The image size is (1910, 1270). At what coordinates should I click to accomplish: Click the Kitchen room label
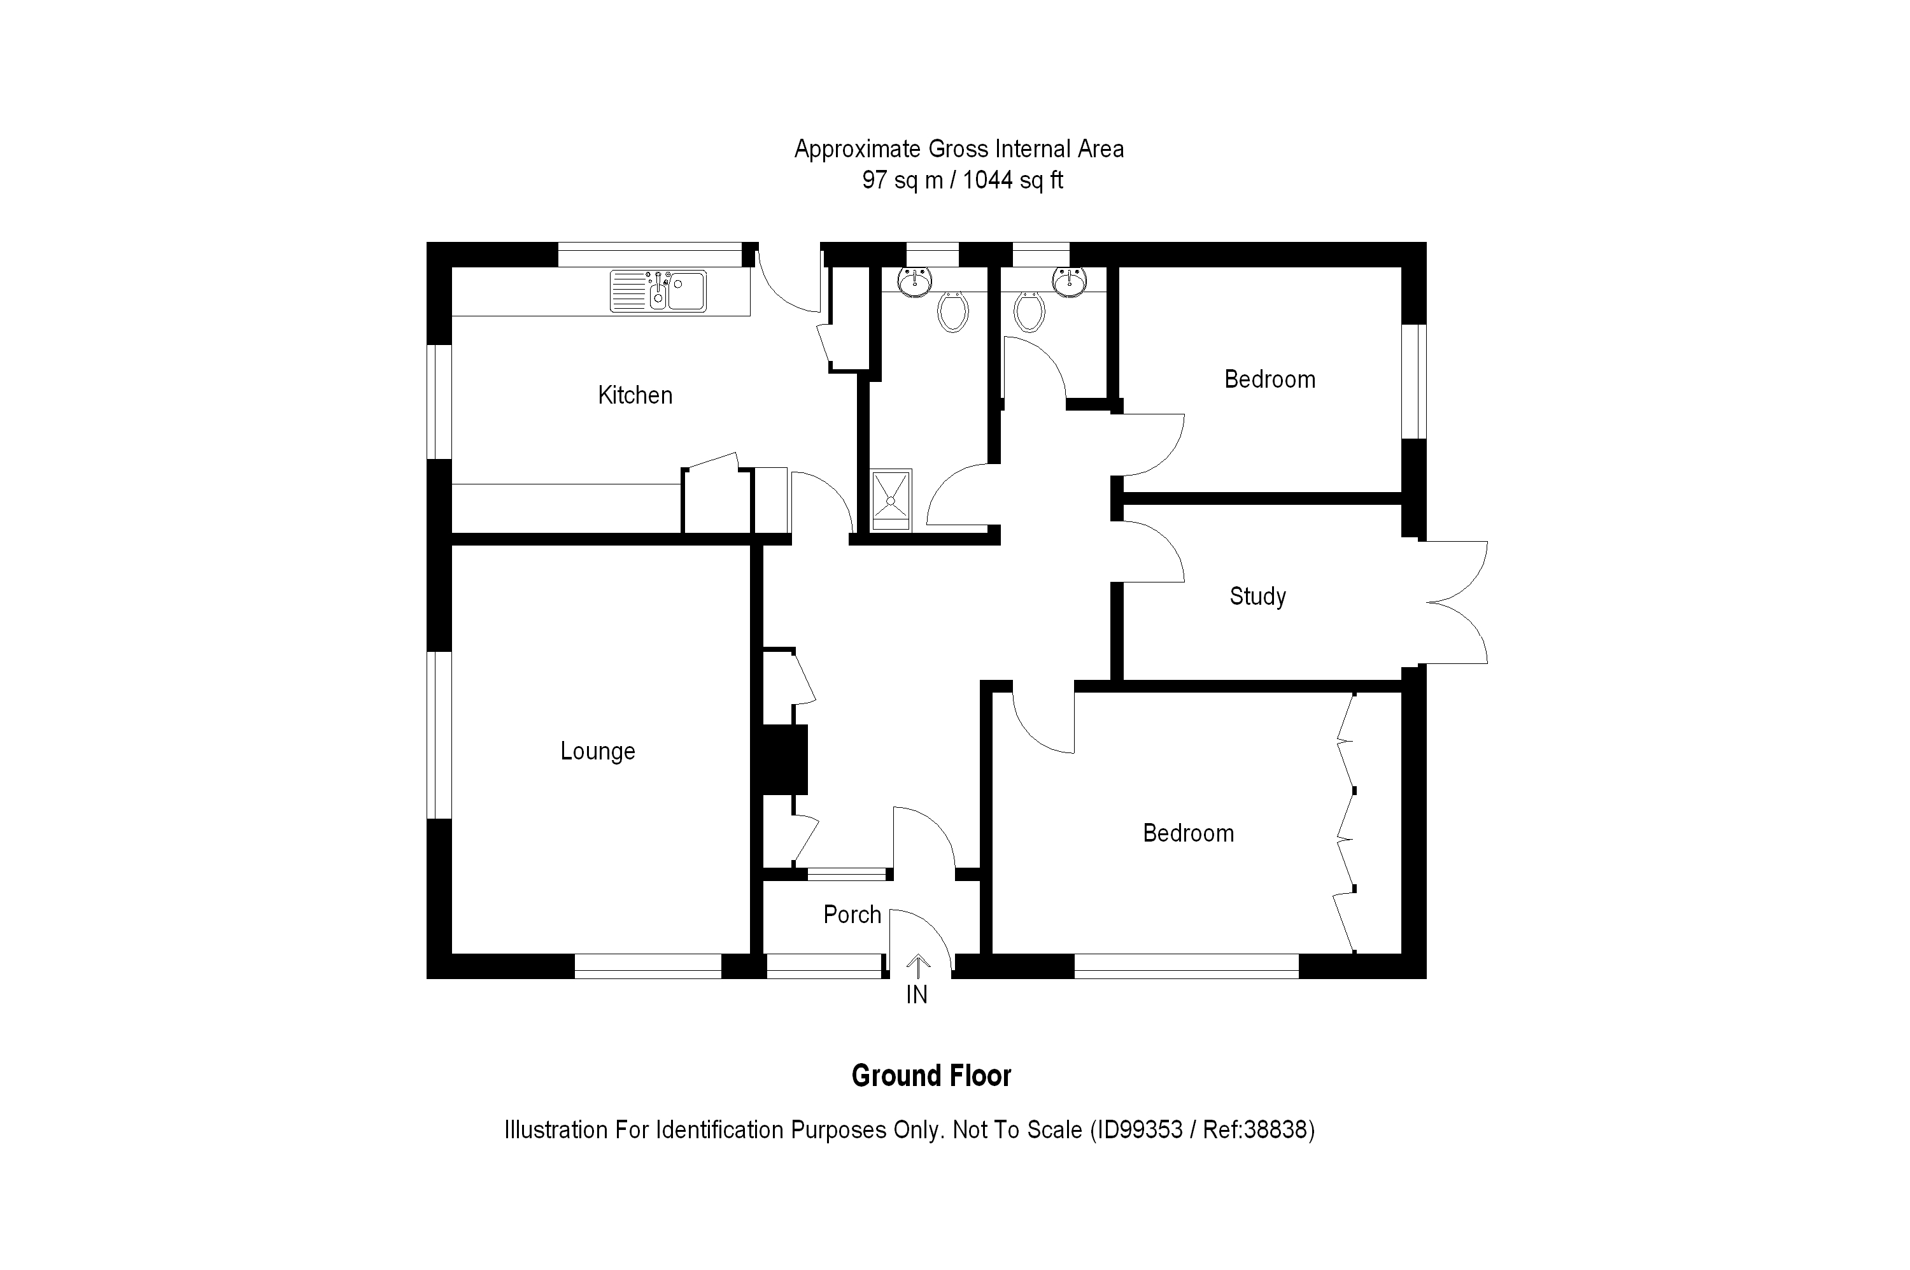click(635, 395)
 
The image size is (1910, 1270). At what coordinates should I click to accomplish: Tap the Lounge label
click(598, 751)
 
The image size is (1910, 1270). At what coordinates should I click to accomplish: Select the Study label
click(1257, 596)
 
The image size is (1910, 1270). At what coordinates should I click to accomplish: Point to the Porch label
click(852, 914)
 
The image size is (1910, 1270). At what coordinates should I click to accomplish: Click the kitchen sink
click(658, 291)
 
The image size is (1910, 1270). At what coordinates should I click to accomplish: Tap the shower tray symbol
click(890, 500)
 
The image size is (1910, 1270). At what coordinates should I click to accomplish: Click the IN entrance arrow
click(917, 966)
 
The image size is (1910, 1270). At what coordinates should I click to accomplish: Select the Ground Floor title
click(931, 1076)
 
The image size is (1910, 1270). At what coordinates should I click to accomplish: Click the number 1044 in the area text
click(987, 180)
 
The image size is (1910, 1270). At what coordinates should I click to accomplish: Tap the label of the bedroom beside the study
click(1270, 379)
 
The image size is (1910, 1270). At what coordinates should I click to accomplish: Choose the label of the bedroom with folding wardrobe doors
click(1188, 833)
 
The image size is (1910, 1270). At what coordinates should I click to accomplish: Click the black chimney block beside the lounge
click(781, 759)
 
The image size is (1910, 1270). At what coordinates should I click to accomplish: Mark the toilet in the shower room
click(952, 312)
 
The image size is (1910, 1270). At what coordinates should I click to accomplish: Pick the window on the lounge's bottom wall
click(647, 966)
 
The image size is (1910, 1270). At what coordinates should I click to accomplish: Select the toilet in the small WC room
click(1029, 312)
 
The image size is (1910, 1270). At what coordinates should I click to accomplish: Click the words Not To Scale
click(1017, 1129)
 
